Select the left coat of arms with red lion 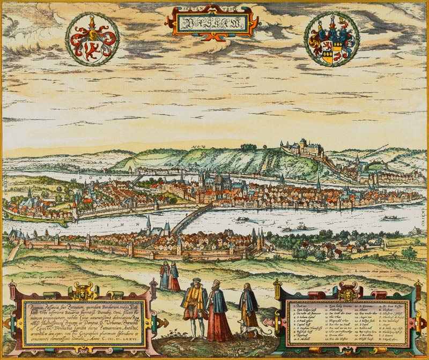(92, 39)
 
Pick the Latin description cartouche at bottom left (83, 322)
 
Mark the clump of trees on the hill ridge (248, 146)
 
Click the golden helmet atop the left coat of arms (92, 22)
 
